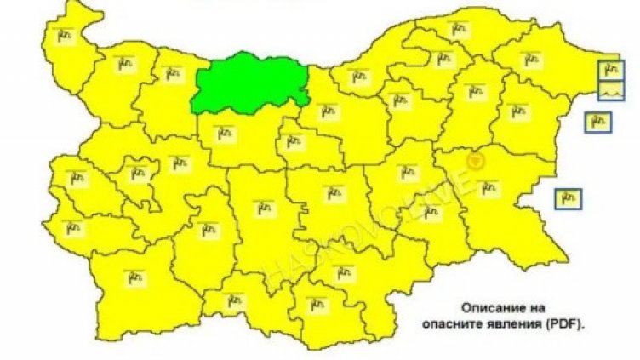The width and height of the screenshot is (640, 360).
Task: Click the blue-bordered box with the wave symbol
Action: [x=611, y=90]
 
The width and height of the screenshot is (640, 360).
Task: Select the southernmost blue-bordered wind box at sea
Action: [x=568, y=198]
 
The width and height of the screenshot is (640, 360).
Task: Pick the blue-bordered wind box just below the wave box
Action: [x=597, y=122]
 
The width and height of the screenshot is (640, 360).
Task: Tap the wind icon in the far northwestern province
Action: [x=66, y=35]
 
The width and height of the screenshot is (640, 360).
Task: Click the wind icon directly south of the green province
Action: [x=225, y=134]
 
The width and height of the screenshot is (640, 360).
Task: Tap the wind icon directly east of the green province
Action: [x=326, y=110]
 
